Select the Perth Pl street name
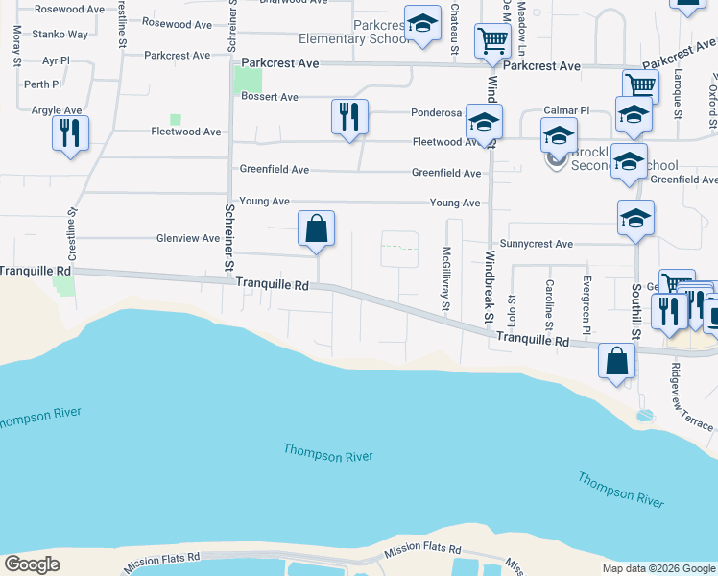click(x=43, y=84)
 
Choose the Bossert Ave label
click(x=270, y=97)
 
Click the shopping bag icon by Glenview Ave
click(x=316, y=228)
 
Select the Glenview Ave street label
click(x=188, y=238)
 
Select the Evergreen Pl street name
click(x=586, y=300)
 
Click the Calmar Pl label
click(x=566, y=110)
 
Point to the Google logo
click(x=32, y=564)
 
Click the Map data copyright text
click(x=658, y=568)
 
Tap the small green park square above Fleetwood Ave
click(x=176, y=120)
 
